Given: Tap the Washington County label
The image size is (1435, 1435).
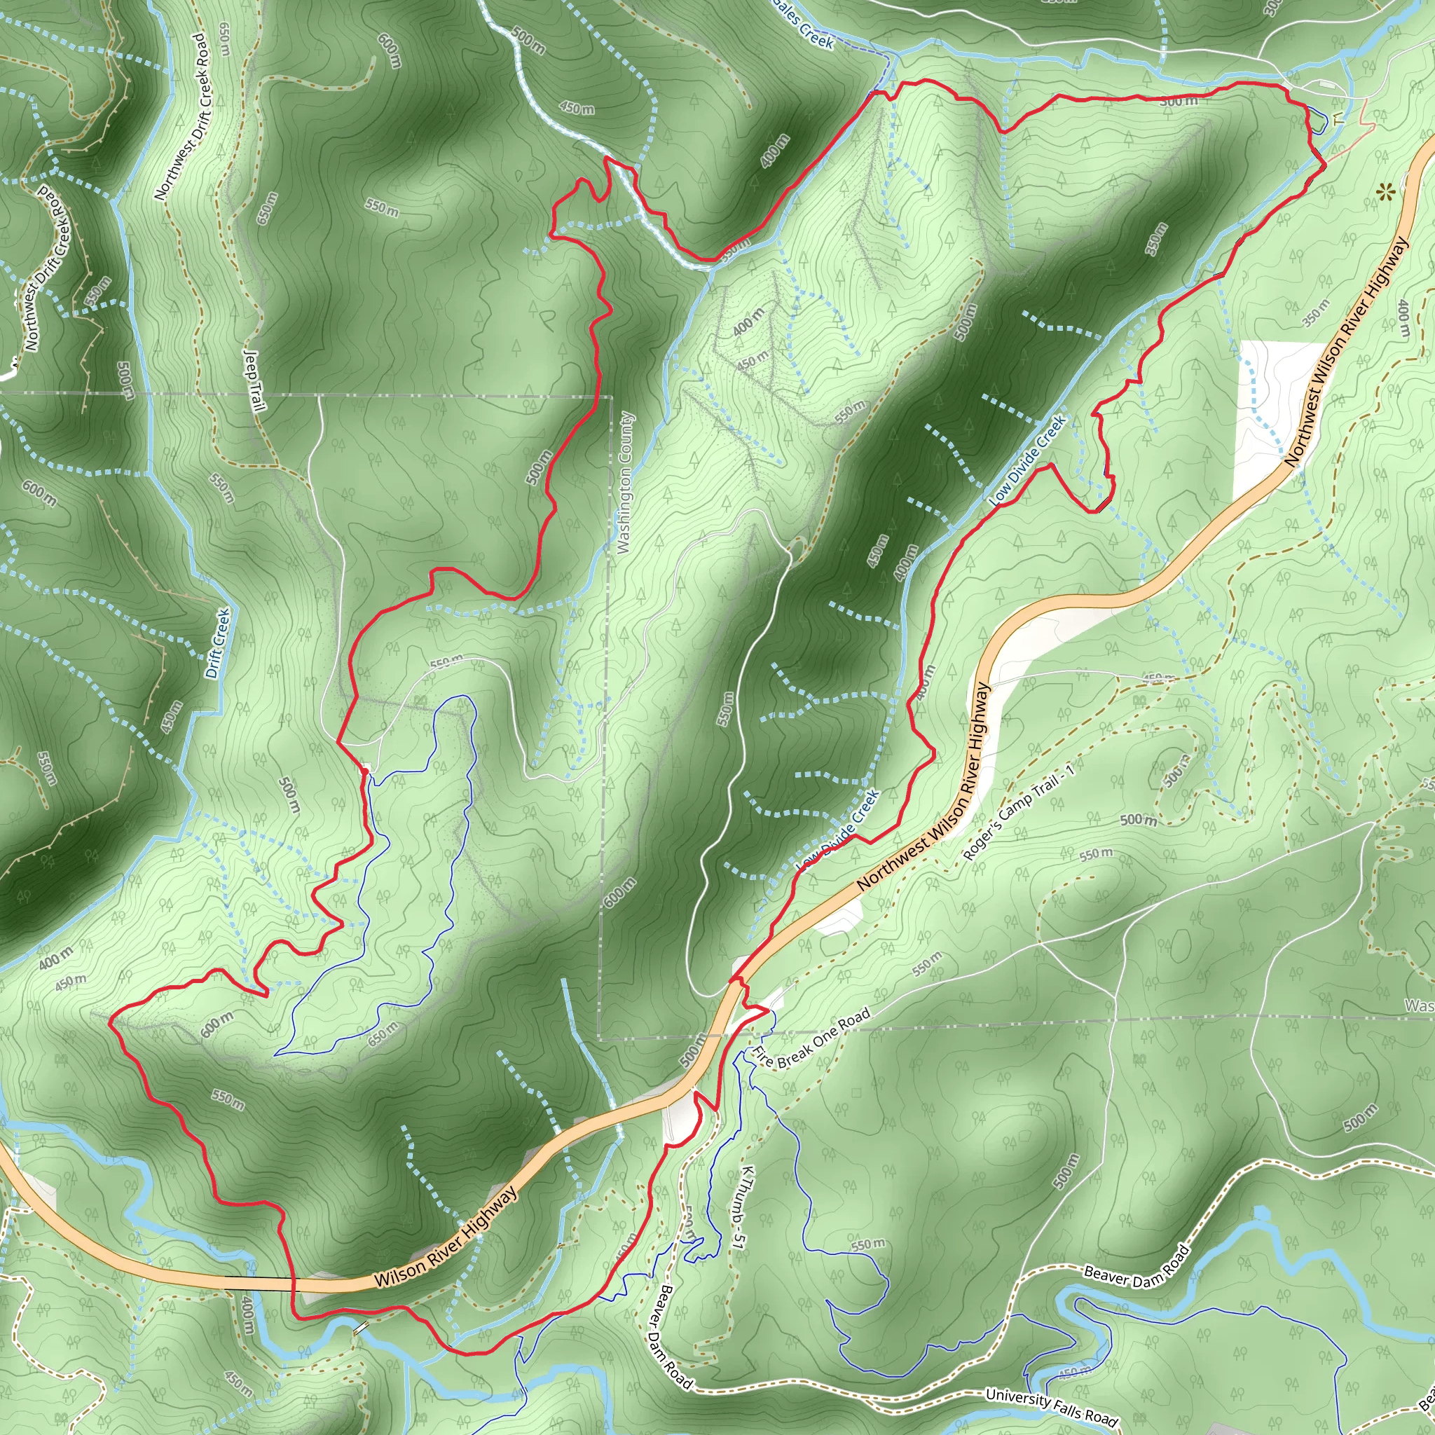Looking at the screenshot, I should [x=624, y=483].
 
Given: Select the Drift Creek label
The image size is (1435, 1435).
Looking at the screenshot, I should [x=218, y=643].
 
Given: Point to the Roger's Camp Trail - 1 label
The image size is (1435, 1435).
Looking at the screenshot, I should [x=1018, y=811].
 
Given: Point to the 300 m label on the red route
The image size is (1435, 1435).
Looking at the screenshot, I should [x=1179, y=101].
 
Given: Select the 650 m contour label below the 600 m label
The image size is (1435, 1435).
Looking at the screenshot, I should [x=383, y=1034].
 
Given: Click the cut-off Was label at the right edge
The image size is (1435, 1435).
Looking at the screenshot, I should [x=1419, y=1005].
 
